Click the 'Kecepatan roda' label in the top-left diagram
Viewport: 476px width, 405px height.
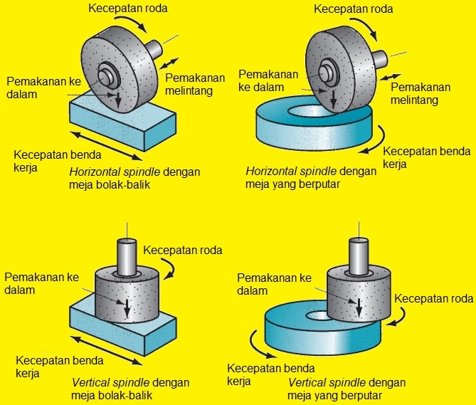(130, 9)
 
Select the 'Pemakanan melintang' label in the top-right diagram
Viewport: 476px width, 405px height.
(423, 93)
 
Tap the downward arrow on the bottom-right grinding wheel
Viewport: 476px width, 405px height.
(360, 305)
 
